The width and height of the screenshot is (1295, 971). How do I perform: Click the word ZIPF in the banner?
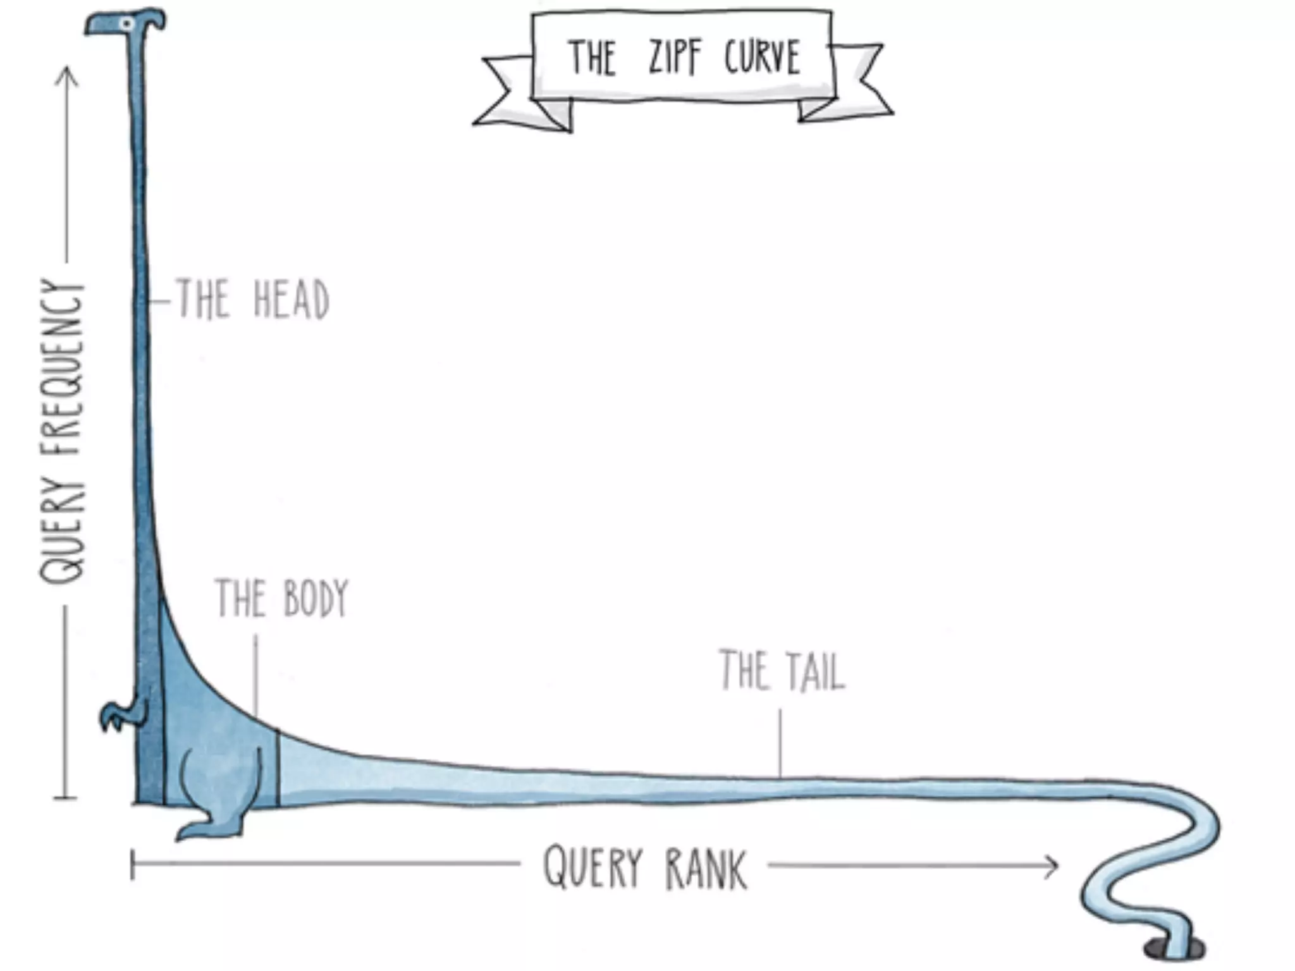click(x=675, y=57)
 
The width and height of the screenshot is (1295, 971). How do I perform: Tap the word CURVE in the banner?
click(x=763, y=57)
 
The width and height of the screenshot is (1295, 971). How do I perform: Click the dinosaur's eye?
click(x=127, y=24)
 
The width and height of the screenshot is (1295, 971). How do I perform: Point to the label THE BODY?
click(x=281, y=598)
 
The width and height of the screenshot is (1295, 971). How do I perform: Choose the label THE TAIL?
click(x=782, y=670)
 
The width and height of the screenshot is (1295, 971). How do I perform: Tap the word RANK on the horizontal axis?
click(x=706, y=869)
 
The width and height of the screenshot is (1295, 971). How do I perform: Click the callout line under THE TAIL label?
click(x=780, y=742)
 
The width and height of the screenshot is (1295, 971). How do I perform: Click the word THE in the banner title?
click(x=591, y=58)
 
